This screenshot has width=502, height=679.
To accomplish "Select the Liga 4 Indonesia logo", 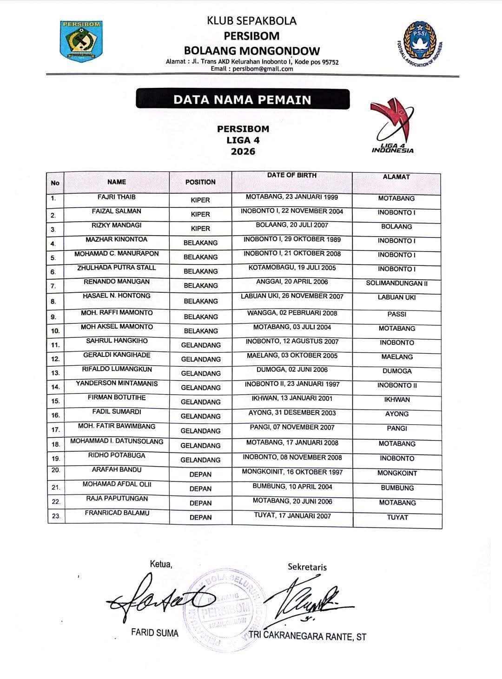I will [392, 126].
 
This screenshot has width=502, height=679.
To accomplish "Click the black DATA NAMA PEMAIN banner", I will [242, 99].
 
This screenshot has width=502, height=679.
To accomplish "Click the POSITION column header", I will [200, 182].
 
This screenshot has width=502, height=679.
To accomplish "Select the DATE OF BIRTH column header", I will [291, 176].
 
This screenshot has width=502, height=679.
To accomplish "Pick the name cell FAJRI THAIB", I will [117, 197].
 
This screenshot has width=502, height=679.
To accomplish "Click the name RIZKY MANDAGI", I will [117, 225].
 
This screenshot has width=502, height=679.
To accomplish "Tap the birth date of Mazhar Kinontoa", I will [292, 240].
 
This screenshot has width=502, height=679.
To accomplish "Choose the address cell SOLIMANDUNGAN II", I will [396, 283].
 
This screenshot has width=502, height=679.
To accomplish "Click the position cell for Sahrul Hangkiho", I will [200, 345].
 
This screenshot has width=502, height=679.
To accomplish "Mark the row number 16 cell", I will [55, 415].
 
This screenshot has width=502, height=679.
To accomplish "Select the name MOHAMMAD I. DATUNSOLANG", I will [117, 441].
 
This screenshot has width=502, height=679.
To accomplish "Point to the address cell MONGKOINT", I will [396, 474].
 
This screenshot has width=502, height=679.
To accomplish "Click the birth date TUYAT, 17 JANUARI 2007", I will [292, 515].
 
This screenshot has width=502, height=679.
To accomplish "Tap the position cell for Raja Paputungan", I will [200, 503].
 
